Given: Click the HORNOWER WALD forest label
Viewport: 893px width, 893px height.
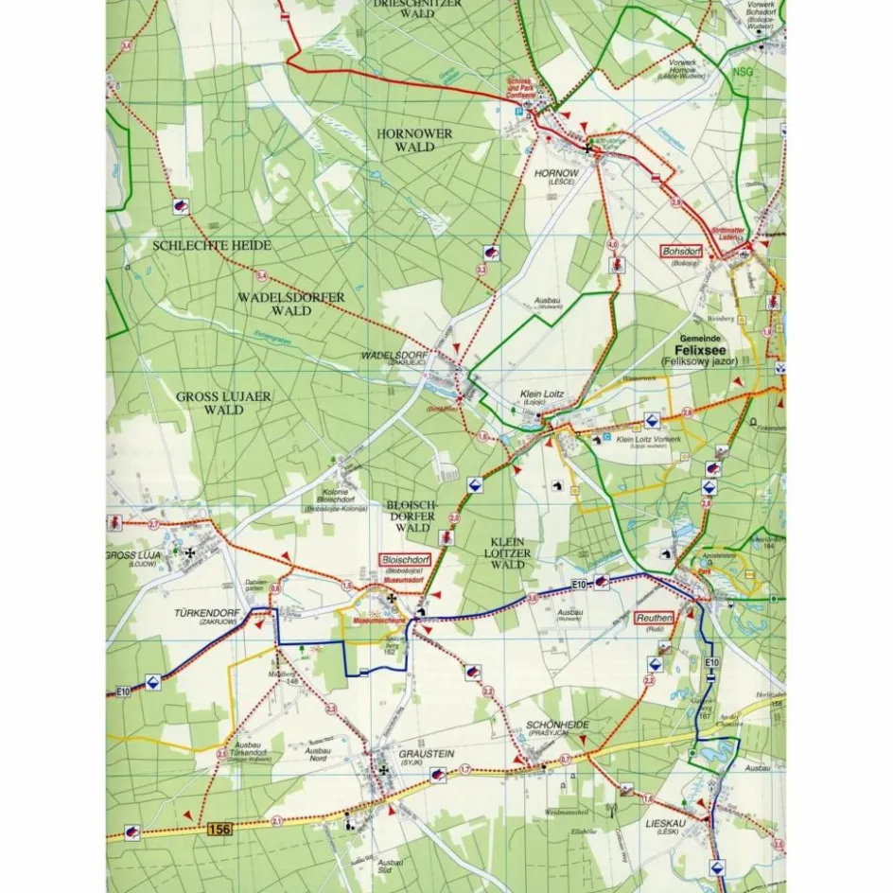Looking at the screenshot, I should [414, 140].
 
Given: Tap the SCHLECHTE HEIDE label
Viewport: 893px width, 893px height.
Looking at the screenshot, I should [212, 245].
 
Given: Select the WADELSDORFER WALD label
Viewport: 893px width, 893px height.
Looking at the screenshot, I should [290, 304].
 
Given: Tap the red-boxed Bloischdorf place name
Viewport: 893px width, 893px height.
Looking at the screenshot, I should [405, 560].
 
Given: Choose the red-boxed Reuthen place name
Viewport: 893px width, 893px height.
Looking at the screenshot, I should [656, 618].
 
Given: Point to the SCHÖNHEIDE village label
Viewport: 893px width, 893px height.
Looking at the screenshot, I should [557, 725].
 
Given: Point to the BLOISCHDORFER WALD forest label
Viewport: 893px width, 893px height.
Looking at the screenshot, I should [411, 517].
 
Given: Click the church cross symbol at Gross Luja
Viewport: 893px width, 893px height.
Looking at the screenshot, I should [190, 552].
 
